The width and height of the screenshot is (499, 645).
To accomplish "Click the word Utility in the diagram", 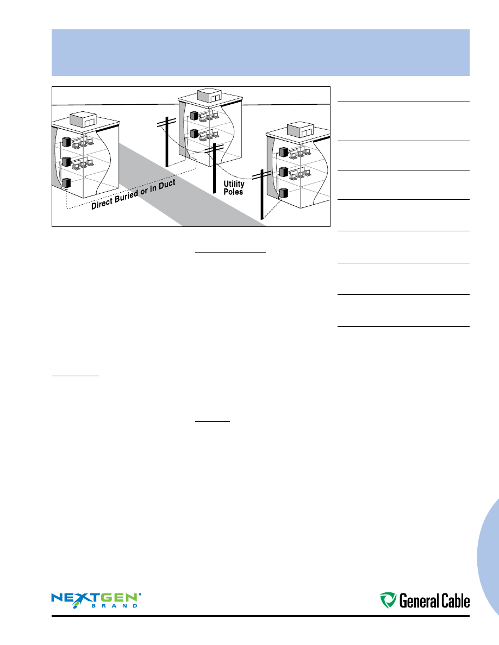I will click(x=234, y=185).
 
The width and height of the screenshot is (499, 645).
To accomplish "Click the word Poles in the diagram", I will click(x=233, y=192).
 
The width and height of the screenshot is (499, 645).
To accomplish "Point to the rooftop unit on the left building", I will click(x=86, y=121).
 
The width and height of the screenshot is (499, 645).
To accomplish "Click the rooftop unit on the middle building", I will click(x=209, y=96).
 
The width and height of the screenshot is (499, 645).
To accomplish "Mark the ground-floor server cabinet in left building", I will click(x=66, y=184).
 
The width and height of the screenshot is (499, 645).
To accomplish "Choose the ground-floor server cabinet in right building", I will click(x=283, y=193).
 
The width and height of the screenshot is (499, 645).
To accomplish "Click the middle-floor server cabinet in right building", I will click(x=283, y=172).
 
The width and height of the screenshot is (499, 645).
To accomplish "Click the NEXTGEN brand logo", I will click(x=96, y=599).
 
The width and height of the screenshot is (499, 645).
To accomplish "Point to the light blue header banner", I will click(x=260, y=53).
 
